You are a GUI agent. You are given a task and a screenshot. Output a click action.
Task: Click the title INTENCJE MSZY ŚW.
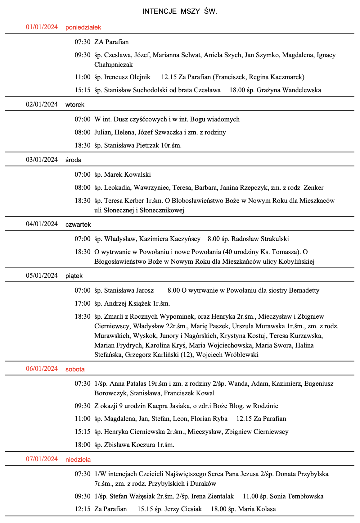click(x=180, y=11)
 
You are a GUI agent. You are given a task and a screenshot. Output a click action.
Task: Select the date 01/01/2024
click(x=42, y=27)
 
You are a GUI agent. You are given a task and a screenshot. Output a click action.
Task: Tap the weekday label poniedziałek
click(x=83, y=27)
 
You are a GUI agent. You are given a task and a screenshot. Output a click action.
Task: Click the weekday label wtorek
click(x=75, y=105)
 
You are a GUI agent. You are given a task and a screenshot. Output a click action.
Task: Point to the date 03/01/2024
click(x=42, y=160)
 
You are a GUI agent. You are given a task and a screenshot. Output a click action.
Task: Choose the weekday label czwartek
click(x=78, y=224)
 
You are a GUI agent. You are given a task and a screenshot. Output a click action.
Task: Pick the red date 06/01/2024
click(x=42, y=369)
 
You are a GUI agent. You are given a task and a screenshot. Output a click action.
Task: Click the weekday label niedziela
click(x=78, y=459)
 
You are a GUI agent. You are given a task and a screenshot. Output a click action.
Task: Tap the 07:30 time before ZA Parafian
click(x=82, y=42)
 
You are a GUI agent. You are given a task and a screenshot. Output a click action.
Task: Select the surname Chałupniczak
click(x=114, y=65)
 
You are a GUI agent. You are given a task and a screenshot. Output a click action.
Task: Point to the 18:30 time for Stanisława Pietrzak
click(x=82, y=145)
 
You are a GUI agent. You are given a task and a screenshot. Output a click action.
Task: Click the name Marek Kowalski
click(x=128, y=175)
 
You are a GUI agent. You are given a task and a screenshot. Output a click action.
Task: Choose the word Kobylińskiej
click(x=296, y=261)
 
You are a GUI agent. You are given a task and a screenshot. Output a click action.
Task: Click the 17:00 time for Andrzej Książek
click(x=82, y=303)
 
